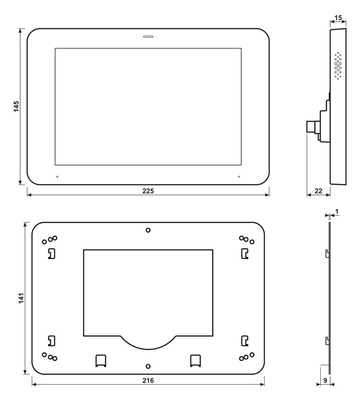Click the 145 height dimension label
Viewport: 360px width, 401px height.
(16, 106)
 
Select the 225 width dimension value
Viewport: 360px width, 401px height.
(148, 191)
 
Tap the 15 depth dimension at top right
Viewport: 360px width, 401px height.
(337, 18)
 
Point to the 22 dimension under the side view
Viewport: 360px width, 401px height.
(317, 191)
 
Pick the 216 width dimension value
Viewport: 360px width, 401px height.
(148, 380)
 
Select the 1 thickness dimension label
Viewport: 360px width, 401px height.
(337, 211)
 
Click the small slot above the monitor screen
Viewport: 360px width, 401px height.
(148, 36)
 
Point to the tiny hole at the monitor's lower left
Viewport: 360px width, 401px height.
(57, 177)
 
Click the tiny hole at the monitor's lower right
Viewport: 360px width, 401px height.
(239, 177)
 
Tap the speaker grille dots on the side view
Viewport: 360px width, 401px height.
(338, 66)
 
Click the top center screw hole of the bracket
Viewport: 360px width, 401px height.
(148, 230)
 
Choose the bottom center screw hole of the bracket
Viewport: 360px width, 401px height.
(148, 366)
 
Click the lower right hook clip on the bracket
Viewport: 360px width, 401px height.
(245, 341)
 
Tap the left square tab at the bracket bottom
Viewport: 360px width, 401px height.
(101, 360)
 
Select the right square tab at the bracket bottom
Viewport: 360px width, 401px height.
(195, 360)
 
